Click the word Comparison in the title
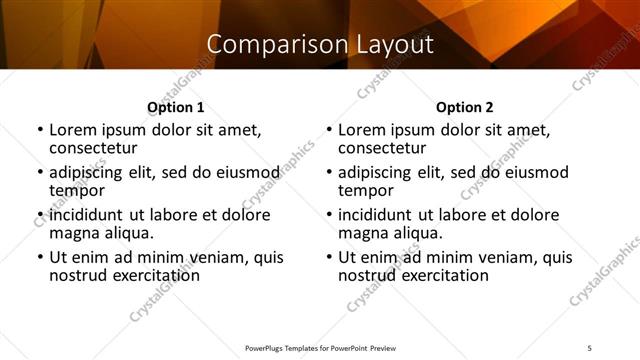(x=266, y=45)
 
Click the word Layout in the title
(x=396, y=45)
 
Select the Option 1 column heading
(x=176, y=107)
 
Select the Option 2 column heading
(x=465, y=107)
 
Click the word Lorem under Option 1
(x=72, y=130)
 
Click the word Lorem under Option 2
(x=361, y=130)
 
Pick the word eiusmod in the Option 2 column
(x=533, y=172)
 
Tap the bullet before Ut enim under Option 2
(x=329, y=257)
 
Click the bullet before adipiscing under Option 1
(x=40, y=172)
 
